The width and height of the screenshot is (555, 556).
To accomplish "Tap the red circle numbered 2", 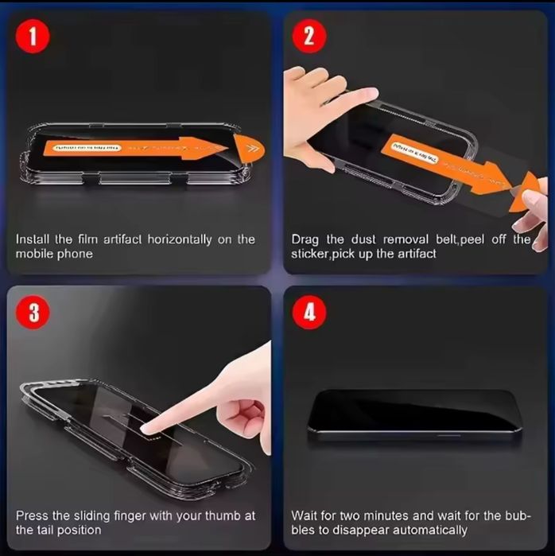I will tap(310, 37).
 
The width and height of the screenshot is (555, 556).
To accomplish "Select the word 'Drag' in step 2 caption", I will tap(305, 239).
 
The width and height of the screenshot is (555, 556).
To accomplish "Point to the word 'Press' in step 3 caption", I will tap(33, 515).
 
